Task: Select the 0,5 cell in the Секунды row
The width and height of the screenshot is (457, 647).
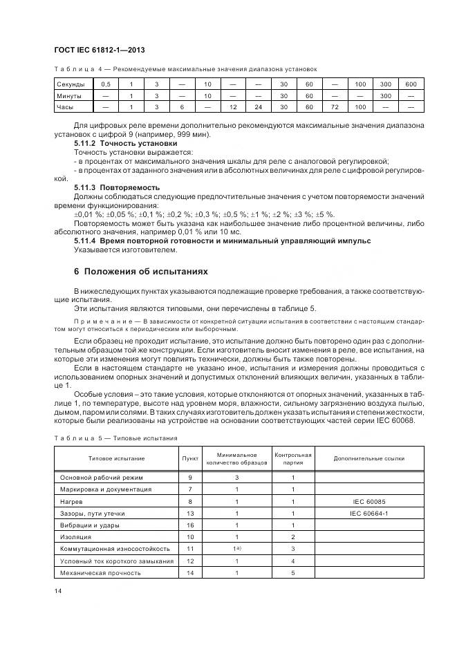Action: coord(105,84)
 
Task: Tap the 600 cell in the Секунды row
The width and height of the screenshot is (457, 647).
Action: coord(411,84)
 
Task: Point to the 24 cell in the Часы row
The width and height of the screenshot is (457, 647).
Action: coord(258,107)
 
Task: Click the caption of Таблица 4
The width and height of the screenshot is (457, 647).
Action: coord(185,68)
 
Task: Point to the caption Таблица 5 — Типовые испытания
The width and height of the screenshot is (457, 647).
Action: coord(115,438)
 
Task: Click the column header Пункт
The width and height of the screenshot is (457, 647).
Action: coord(189,458)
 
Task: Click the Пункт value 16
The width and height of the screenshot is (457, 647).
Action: coord(189,525)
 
